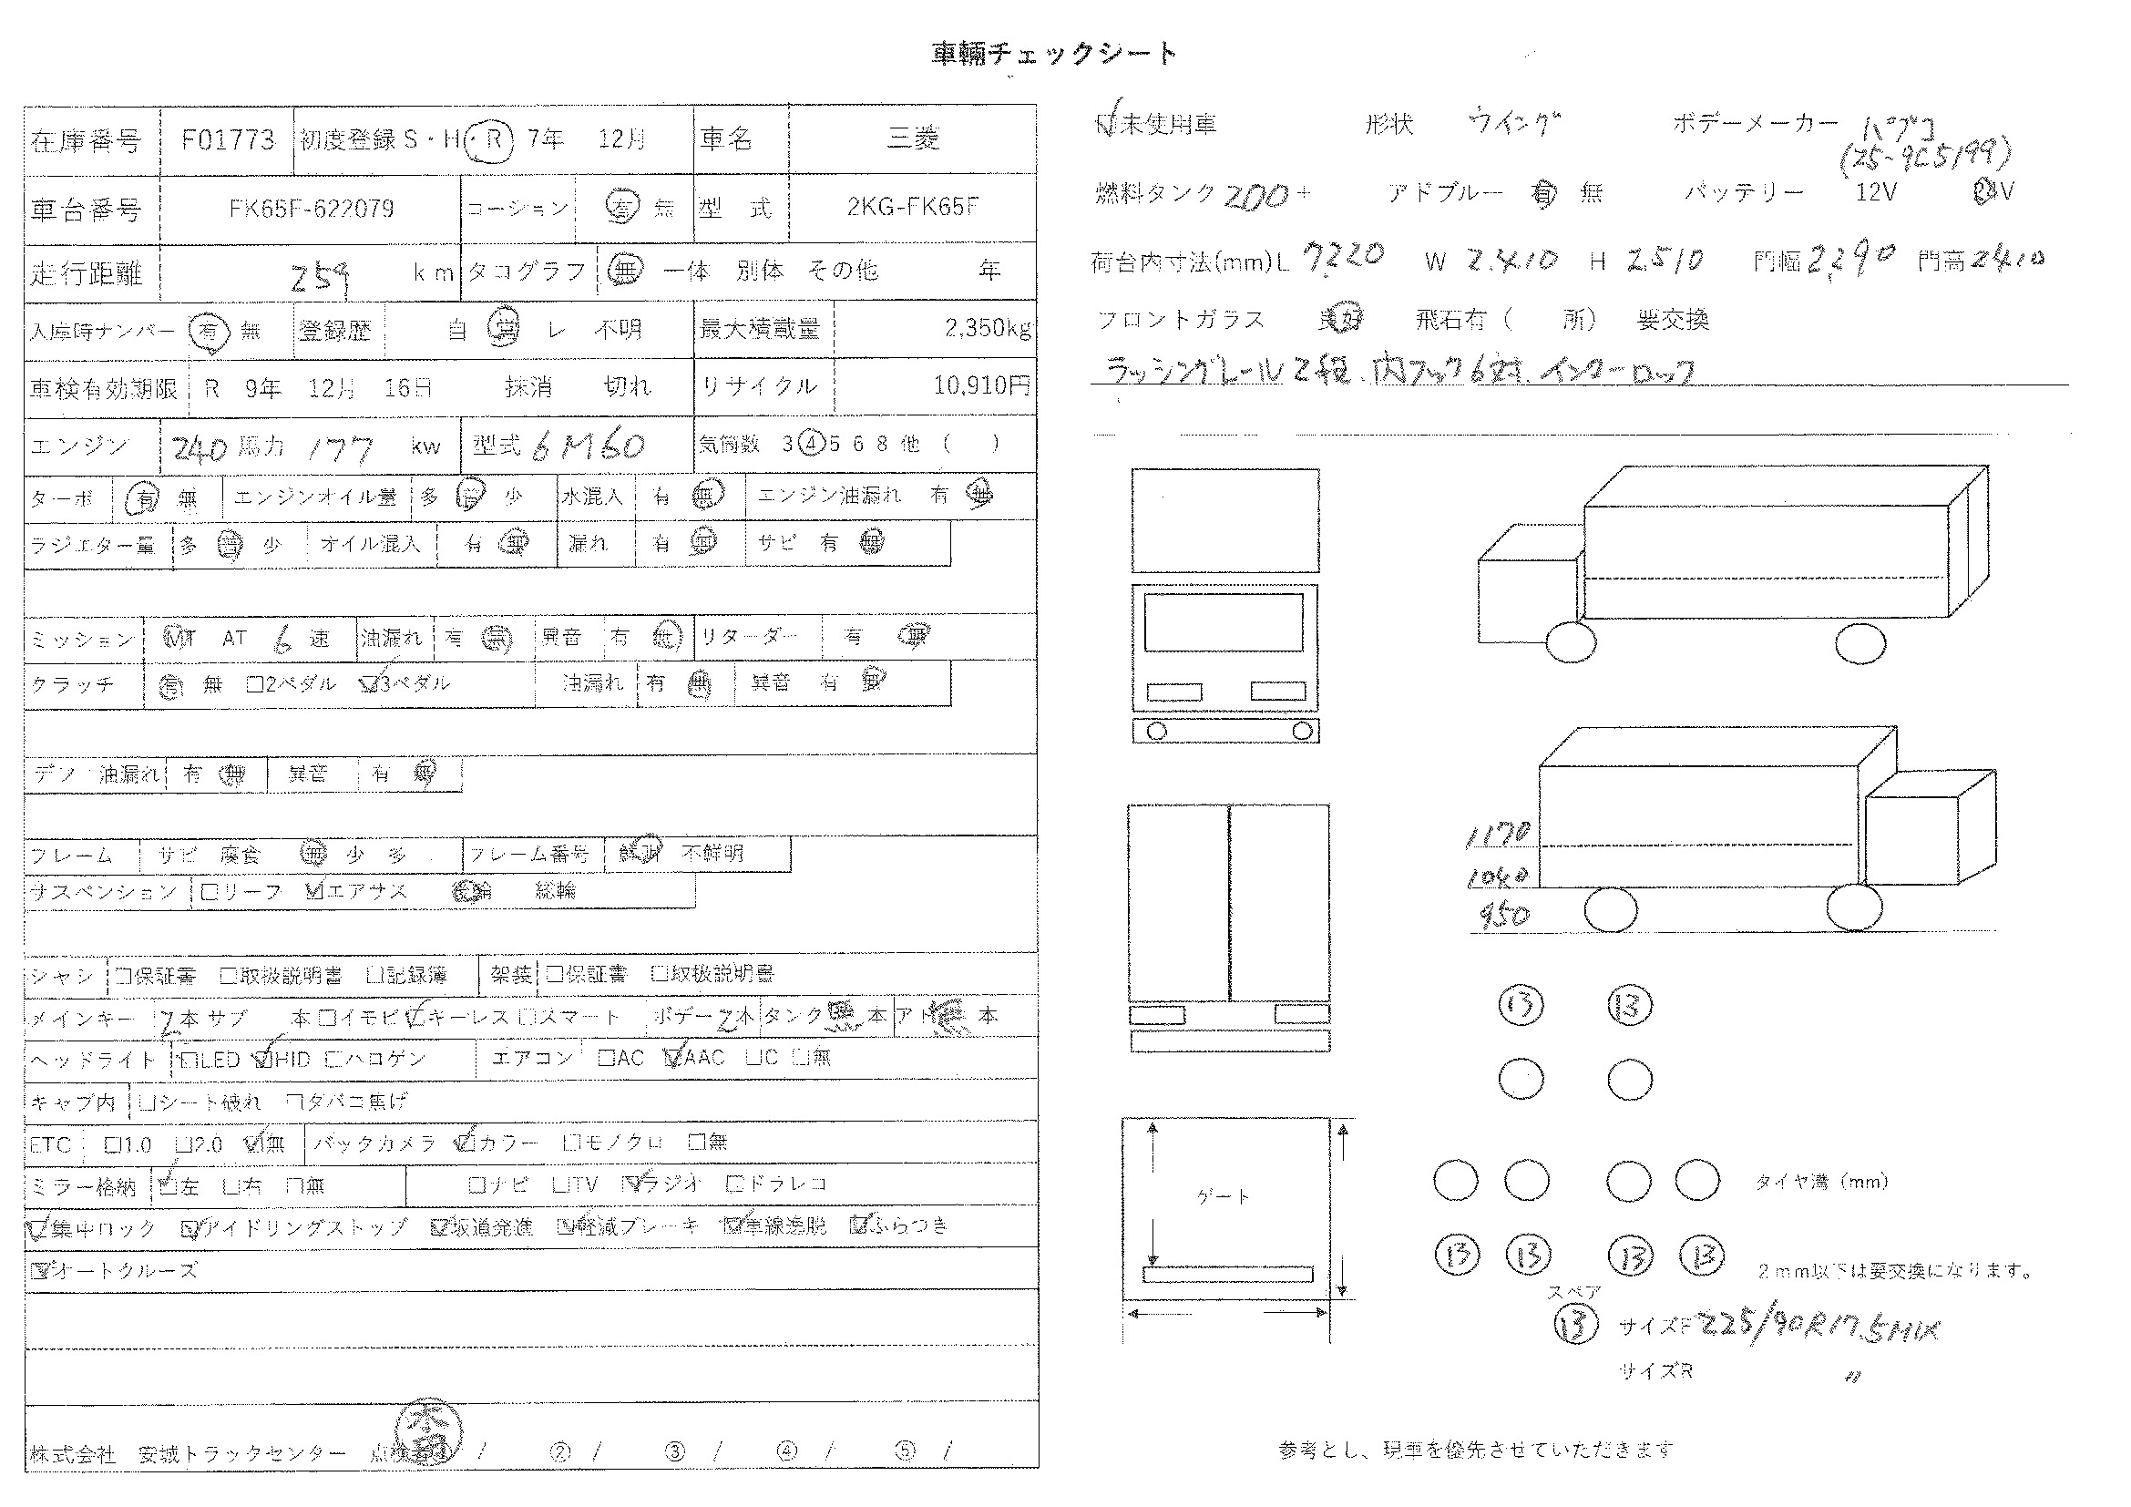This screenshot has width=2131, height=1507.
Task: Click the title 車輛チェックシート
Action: (x=1053, y=54)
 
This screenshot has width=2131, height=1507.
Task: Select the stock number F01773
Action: (x=228, y=140)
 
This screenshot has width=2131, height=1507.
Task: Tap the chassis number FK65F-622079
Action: (x=311, y=208)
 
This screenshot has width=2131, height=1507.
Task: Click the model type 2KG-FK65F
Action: (x=912, y=207)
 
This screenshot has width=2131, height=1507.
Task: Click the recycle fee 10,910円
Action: (x=981, y=385)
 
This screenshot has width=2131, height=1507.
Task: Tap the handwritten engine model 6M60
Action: (x=589, y=446)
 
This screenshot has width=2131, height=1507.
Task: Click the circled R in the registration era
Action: (x=492, y=140)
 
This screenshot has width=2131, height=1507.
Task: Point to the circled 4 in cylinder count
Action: (x=810, y=444)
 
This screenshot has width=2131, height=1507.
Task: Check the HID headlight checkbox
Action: (x=263, y=1059)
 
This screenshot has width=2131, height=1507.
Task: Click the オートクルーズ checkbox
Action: (x=39, y=1270)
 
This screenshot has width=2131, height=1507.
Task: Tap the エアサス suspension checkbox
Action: (x=314, y=892)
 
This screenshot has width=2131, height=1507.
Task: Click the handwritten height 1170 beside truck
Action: (x=1496, y=836)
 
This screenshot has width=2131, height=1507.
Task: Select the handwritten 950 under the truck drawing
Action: (x=1503, y=916)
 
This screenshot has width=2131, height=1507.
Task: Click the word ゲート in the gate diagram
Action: (x=1224, y=1197)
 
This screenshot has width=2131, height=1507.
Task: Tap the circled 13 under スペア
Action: (x=1575, y=1325)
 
